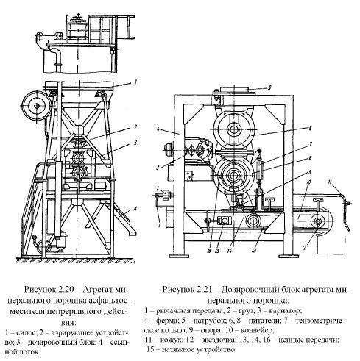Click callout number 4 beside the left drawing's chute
click(x=136, y=210)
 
